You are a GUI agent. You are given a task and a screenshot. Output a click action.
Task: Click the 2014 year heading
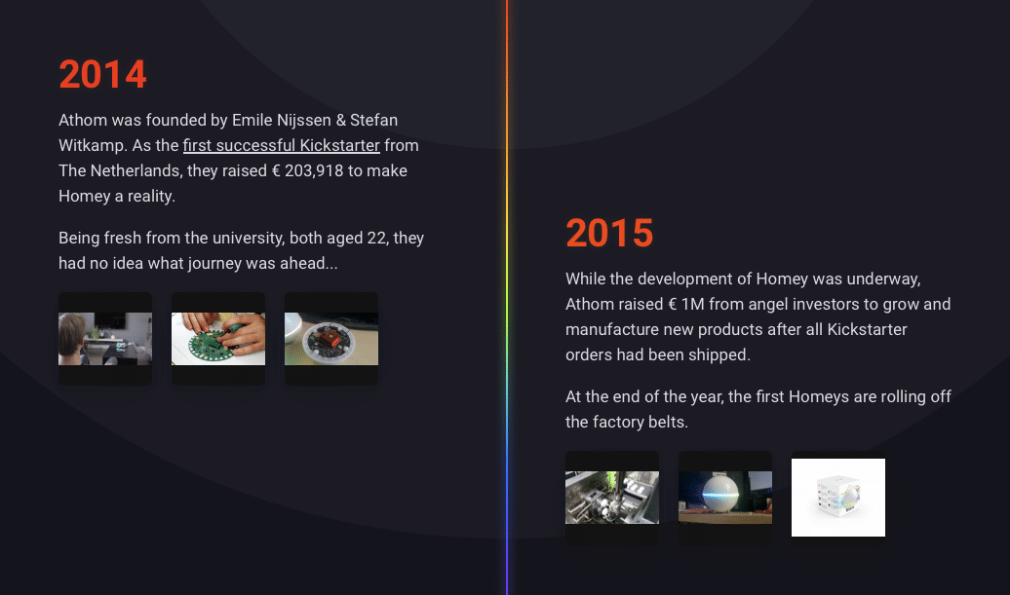click(102, 74)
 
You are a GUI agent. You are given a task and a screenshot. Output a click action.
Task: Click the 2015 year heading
click(609, 233)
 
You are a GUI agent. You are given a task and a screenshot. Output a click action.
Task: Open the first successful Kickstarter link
click(282, 145)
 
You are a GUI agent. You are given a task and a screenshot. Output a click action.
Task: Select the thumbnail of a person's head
click(105, 339)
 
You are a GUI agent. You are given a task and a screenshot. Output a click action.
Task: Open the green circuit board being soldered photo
click(218, 339)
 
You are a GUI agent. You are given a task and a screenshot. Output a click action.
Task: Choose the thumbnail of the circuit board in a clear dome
click(331, 339)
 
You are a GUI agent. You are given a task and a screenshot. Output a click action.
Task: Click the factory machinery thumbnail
click(612, 498)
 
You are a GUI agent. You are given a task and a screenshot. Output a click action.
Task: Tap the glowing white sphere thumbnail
click(725, 498)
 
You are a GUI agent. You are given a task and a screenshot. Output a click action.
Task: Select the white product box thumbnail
click(838, 498)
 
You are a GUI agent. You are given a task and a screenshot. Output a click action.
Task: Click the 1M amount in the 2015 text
click(692, 304)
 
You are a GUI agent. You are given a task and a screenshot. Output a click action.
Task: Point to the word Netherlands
click(136, 170)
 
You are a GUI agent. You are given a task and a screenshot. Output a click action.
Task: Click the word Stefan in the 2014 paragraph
click(373, 121)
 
